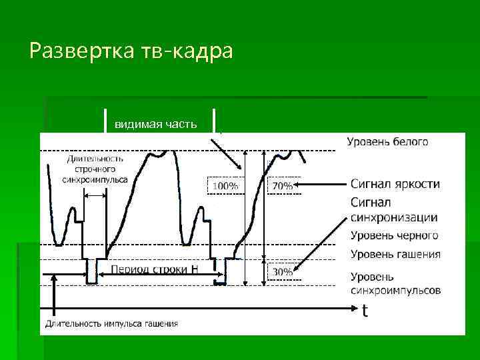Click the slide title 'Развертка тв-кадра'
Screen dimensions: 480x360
coord(131,51)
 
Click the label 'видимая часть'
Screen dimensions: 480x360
coord(155,125)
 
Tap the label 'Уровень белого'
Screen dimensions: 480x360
coord(387,141)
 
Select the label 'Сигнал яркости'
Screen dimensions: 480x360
coord(395,184)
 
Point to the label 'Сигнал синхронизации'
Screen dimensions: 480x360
coord(393,209)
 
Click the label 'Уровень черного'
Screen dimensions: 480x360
coord(394,235)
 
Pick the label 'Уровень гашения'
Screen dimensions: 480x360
coord(395,254)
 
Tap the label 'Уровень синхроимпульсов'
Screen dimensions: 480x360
coord(395,283)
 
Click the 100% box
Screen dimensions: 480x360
coord(225,186)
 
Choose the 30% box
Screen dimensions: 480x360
coord(281,272)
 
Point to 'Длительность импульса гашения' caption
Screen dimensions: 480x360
coord(111,324)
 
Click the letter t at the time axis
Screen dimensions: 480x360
coord(364,311)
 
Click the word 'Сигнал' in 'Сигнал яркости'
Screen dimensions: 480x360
coord(371,184)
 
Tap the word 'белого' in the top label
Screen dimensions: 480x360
coord(409,141)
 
